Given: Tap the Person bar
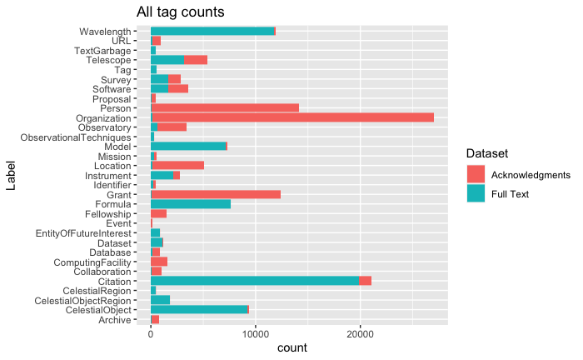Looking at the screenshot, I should pyautogui.click(x=225, y=107).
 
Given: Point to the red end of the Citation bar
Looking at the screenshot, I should pyautogui.click(x=366, y=281).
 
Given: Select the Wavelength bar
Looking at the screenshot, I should pyautogui.click(x=212, y=31).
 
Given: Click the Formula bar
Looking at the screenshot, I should pyautogui.click(x=191, y=204).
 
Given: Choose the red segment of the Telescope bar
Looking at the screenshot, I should pyautogui.click(x=196, y=60).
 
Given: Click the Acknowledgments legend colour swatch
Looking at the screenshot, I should pyautogui.click(x=476, y=175).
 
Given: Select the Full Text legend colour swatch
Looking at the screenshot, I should pyautogui.click(x=476, y=193).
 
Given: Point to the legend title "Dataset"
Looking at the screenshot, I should pyautogui.click(x=486, y=154).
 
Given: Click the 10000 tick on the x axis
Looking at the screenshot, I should pyautogui.click(x=255, y=334).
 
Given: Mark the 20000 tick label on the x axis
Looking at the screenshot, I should pyautogui.click(x=360, y=334).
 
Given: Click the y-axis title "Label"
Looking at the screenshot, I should pyautogui.click(x=12, y=175).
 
